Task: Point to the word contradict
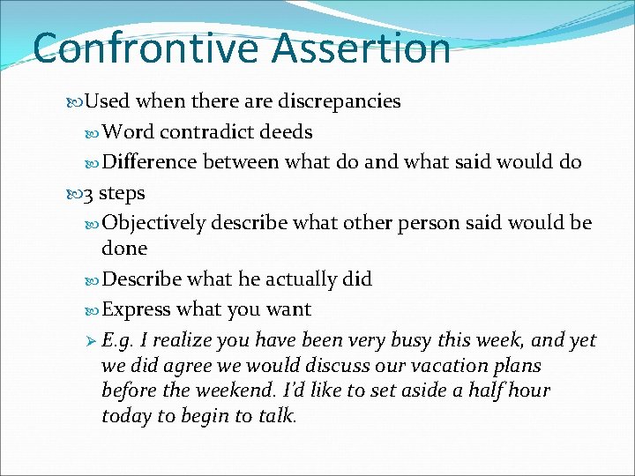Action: coord(209,132)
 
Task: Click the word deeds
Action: coord(286,132)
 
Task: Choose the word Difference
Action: coord(150,162)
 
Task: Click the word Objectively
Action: coord(155,223)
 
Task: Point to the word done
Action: coord(124,249)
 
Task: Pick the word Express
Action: coord(137,309)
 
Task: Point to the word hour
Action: coord(530,390)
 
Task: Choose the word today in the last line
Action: coord(125,415)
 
